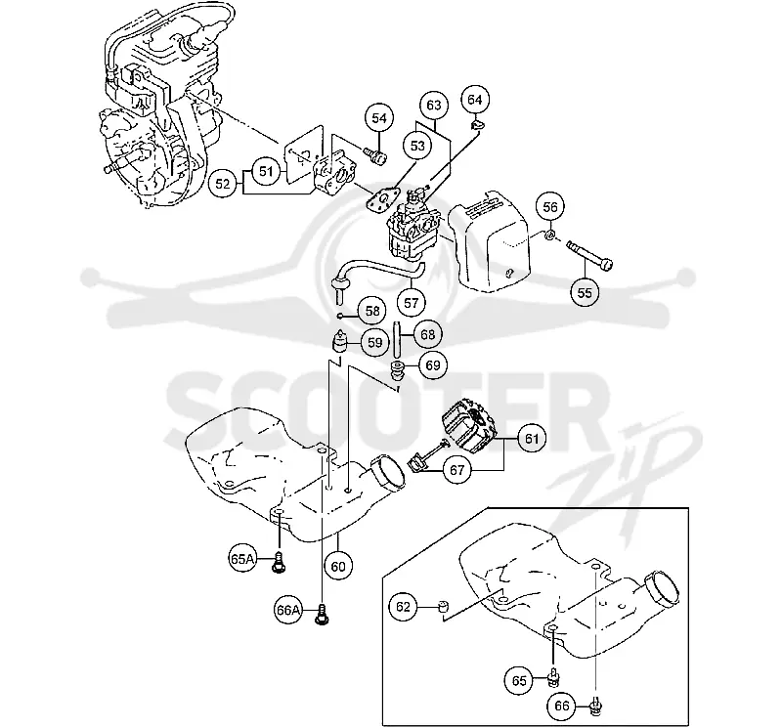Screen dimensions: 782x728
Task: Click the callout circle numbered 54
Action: tap(379, 118)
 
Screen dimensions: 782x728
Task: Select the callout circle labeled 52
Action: tap(223, 184)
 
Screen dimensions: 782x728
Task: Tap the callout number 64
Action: tap(475, 100)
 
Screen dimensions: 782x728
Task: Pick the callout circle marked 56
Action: tap(550, 207)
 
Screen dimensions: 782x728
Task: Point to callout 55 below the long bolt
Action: tap(585, 292)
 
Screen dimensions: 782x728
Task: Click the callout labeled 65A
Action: tap(242, 559)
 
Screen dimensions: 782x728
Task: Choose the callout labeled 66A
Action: tap(289, 610)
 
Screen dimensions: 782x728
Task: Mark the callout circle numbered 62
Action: tap(403, 607)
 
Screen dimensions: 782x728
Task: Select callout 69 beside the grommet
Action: tap(432, 365)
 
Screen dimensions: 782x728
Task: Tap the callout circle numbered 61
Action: tap(532, 439)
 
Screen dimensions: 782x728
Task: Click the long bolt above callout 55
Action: tap(589, 254)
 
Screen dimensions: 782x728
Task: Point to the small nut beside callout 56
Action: tap(548, 234)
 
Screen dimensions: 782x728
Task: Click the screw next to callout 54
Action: tap(376, 155)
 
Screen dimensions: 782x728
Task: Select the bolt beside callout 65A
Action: tap(279, 562)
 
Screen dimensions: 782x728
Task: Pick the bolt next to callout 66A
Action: tap(323, 614)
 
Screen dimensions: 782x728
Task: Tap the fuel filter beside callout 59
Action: tap(339, 341)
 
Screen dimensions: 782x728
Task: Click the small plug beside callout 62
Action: tap(443, 606)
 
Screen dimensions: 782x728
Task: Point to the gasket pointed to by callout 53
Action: tap(382, 200)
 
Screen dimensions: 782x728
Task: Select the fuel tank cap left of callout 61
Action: tap(466, 429)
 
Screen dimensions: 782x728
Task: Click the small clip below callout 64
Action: tap(477, 124)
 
